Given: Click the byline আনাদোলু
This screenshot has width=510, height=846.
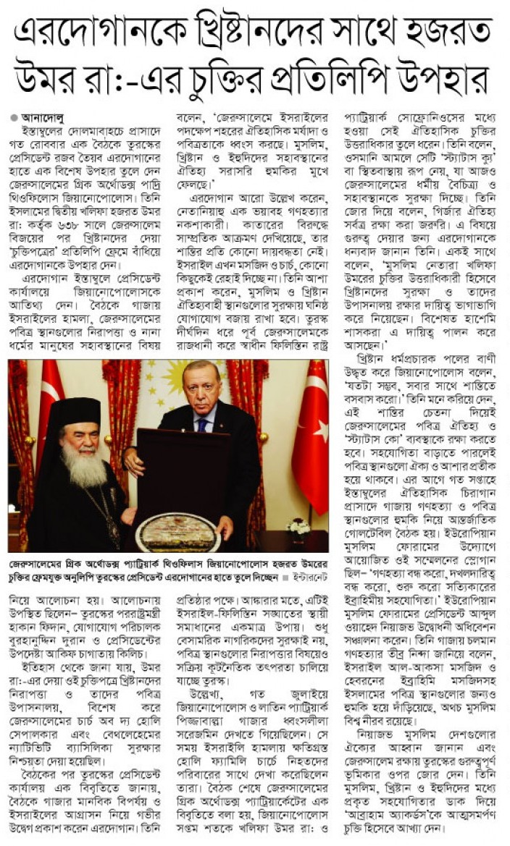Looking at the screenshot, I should pos(43,116).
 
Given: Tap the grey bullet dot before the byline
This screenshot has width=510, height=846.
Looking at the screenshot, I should pos(14,116).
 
